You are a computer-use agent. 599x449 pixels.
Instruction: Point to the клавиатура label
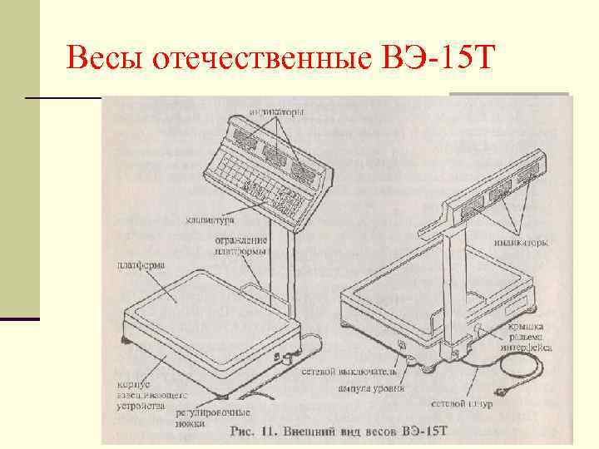[209, 221]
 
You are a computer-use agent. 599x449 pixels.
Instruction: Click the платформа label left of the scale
[139, 265]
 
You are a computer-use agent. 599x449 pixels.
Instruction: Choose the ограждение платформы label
[241, 245]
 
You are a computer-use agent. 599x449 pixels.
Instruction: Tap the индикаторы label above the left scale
[277, 111]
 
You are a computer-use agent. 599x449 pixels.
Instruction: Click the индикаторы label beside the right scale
[520, 244]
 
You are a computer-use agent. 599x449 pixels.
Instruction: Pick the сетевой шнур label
[462, 403]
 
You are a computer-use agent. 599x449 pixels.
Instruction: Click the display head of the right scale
[496, 191]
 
